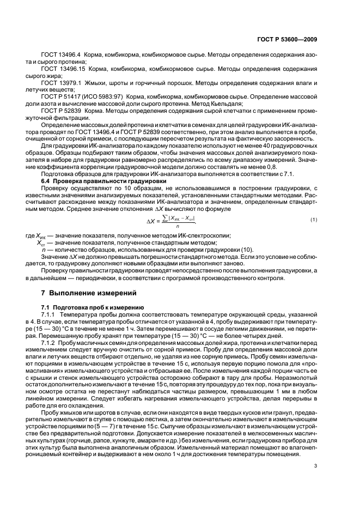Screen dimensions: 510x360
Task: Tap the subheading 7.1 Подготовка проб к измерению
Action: pos(84,307)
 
